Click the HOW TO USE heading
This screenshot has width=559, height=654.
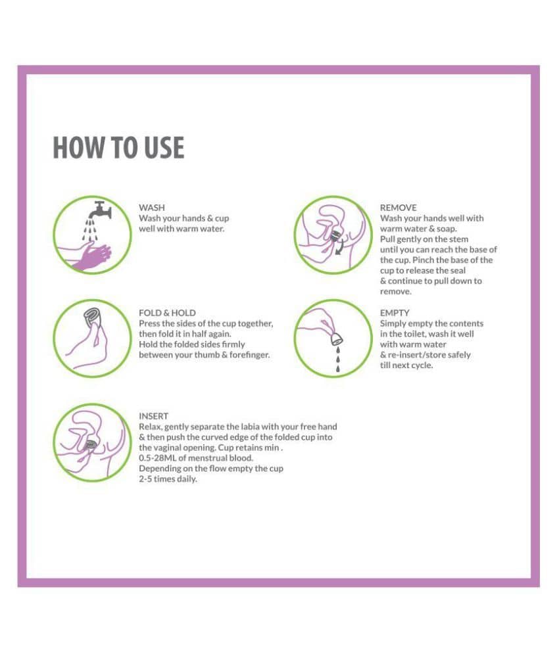(118, 148)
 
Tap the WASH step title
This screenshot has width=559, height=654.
(151, 208)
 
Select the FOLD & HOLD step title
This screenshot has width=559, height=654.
(167, 313)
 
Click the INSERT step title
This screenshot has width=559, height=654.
(153, 416)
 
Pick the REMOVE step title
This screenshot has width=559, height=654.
(398, 208)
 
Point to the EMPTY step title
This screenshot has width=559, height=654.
(395, 313)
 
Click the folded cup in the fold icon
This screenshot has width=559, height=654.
(92, 318)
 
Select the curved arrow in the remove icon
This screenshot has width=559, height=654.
(340, 246)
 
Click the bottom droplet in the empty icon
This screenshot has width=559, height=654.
(338, 368)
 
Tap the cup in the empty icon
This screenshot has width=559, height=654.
(337, 339)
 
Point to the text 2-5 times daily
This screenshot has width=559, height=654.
(168, 479)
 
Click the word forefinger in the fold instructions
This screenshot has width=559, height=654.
(249, 355)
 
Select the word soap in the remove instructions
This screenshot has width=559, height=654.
(447, 229)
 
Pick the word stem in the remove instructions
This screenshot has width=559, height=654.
(458, 239)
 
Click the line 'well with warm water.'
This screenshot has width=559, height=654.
(182, 229)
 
